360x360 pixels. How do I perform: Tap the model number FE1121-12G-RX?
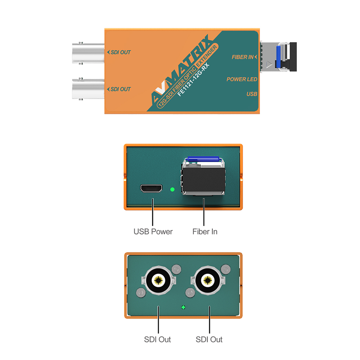click(x=193, y=80)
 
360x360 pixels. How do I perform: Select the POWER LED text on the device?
click(x=242, y=79)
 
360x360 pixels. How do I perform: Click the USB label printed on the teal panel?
click(x=252, y=94)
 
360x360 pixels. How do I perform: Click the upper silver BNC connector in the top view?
click(x=89, y=53)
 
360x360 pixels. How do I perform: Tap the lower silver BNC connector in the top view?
click(x=89, y=89)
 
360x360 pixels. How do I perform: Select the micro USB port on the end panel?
click(x=151, y=189)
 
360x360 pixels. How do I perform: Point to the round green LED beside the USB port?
click(x=172, y=189)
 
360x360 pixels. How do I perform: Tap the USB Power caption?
click(x=153, y=231)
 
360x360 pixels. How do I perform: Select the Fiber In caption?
click(x=205, y=231)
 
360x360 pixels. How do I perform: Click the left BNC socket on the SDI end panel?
click(x=158, y=280)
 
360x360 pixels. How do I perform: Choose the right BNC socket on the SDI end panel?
click(x=208, y=280)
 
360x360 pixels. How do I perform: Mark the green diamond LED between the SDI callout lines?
click(x=183, y=307)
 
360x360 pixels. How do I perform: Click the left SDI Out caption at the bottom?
click(x=157, y=339)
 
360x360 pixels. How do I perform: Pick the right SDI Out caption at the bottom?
click(x=209, y=339)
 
